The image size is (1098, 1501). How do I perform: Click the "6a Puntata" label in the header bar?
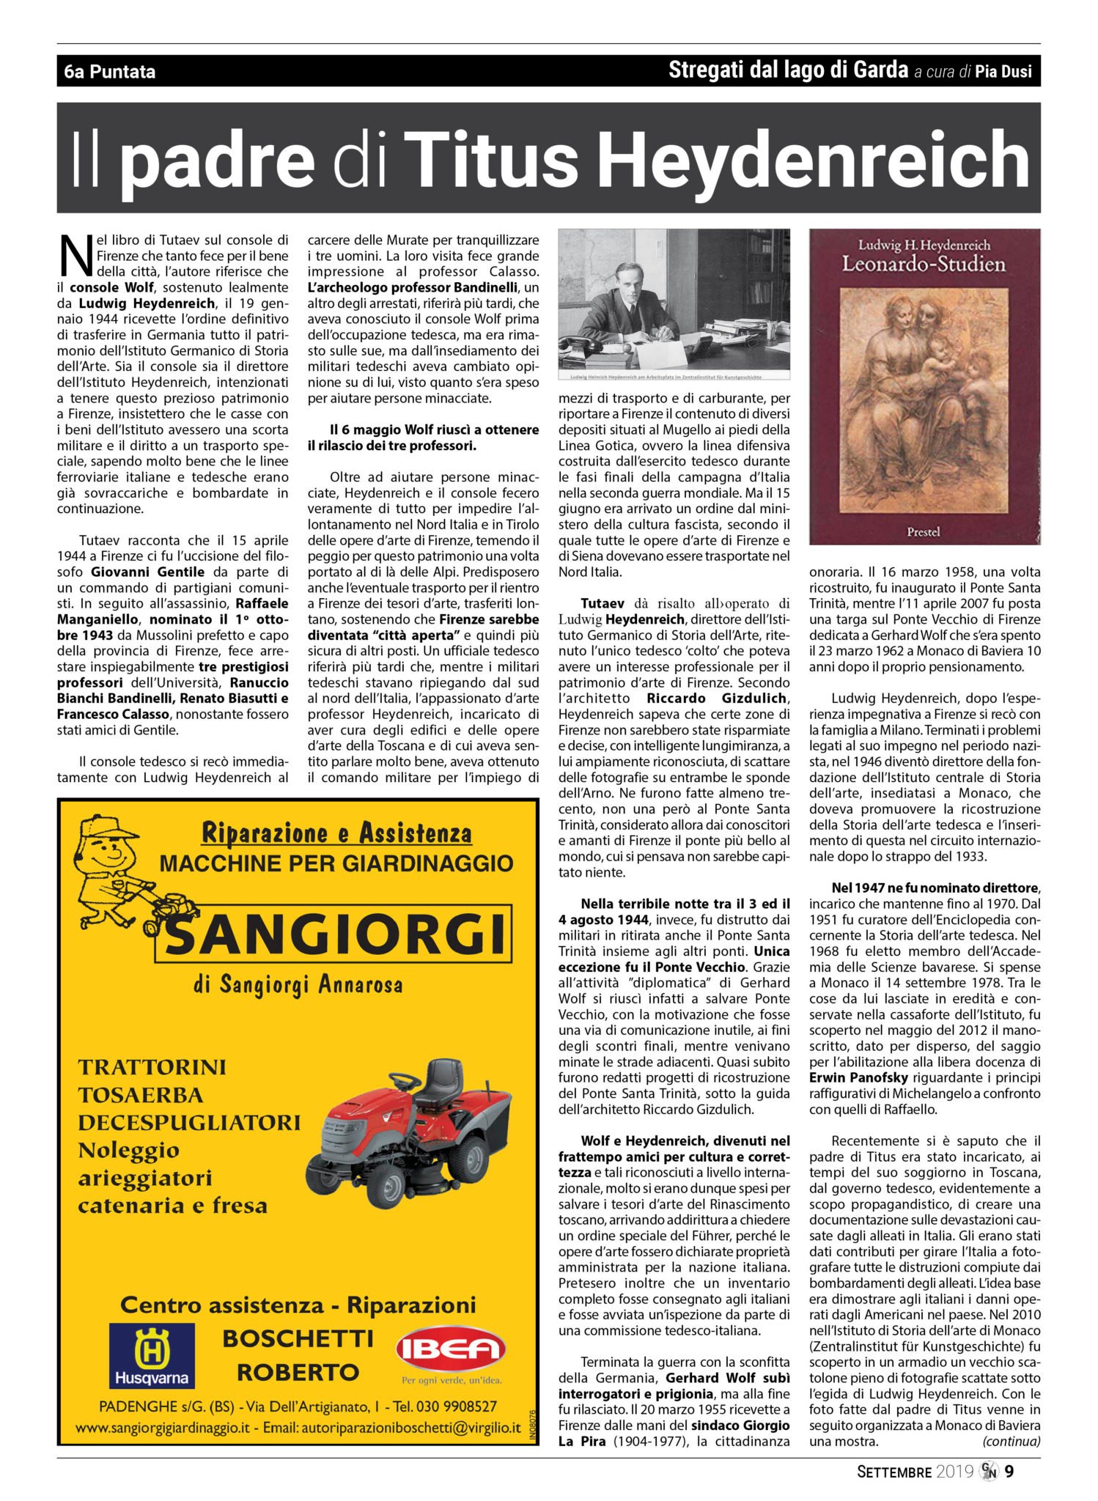[x=110, y=72]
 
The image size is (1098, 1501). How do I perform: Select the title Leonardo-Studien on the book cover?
[x=924, y=264]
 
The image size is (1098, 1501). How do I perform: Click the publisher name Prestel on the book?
[x=923, y=531]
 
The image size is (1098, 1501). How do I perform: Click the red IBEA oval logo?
[x=451, y=1349]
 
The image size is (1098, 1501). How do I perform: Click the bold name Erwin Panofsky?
[x=857, y=1078]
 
